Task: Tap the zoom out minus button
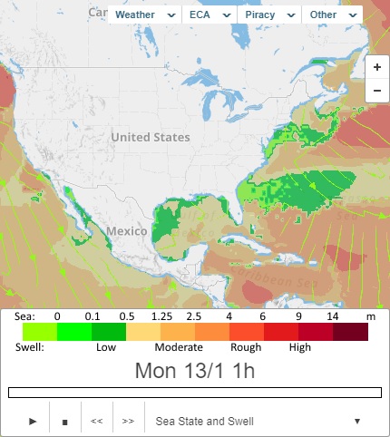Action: (x=376, y=91)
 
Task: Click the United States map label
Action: (x=151, y=137)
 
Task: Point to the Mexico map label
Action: (x=125, y=231)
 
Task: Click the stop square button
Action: (x=64, y=422)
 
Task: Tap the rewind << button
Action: (x=96, y=422)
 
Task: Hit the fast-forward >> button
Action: (x=128, y=422)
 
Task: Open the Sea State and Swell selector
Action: (x=258, y=422)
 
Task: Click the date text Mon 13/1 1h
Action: (x=194, y=370)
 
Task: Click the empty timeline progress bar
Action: (x=194, y=393)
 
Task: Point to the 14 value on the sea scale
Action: (x=333, y=316)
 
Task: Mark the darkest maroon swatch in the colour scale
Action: (x=350, y=332)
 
